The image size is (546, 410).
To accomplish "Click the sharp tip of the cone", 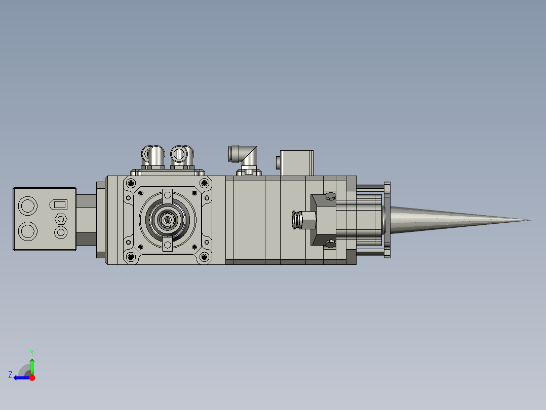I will (x=531, y=220).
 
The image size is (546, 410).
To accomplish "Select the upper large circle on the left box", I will (x=27, y=206).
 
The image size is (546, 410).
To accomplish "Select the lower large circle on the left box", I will (x=27, y=232).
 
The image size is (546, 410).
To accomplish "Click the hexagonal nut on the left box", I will (x=61, y=219).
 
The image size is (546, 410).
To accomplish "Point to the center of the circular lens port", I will (x=167, y=220).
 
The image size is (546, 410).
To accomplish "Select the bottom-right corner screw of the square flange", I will (x=204, y=257).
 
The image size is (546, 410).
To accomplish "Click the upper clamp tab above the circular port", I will (x=167, y=195).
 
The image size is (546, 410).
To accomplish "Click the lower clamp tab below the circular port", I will (x=167, y=246).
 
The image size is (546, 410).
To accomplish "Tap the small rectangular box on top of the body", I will (x=297, y=162).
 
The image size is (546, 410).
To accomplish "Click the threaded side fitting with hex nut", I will (x=303, y=220).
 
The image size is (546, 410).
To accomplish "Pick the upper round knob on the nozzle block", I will (x=330, y=196).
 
